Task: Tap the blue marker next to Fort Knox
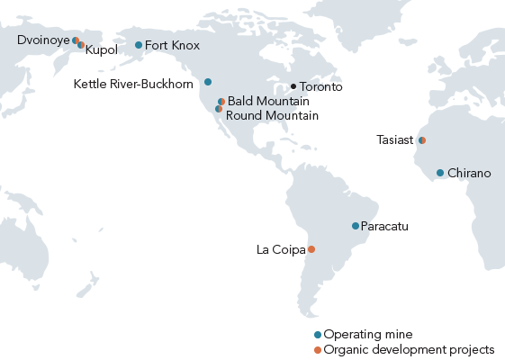tap(138, 45)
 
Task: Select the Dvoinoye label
tap(43, 40)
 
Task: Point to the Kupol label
tap(103, 50)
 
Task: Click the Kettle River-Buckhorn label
tap(132, 84)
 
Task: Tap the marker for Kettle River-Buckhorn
tap(208, 82)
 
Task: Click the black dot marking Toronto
tap(293, 86)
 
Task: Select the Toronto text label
tap(320, 87)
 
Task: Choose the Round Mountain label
tap(272, 115)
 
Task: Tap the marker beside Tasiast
tap(422, 139)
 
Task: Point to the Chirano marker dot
tap(440, 173)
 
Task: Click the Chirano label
tap(469, 173)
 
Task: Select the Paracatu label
tap(384, 226)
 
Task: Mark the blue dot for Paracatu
tap(356, 226)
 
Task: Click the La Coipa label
tap(281, 249)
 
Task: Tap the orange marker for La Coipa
tap(311, 249)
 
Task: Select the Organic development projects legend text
tap(409, 349)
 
